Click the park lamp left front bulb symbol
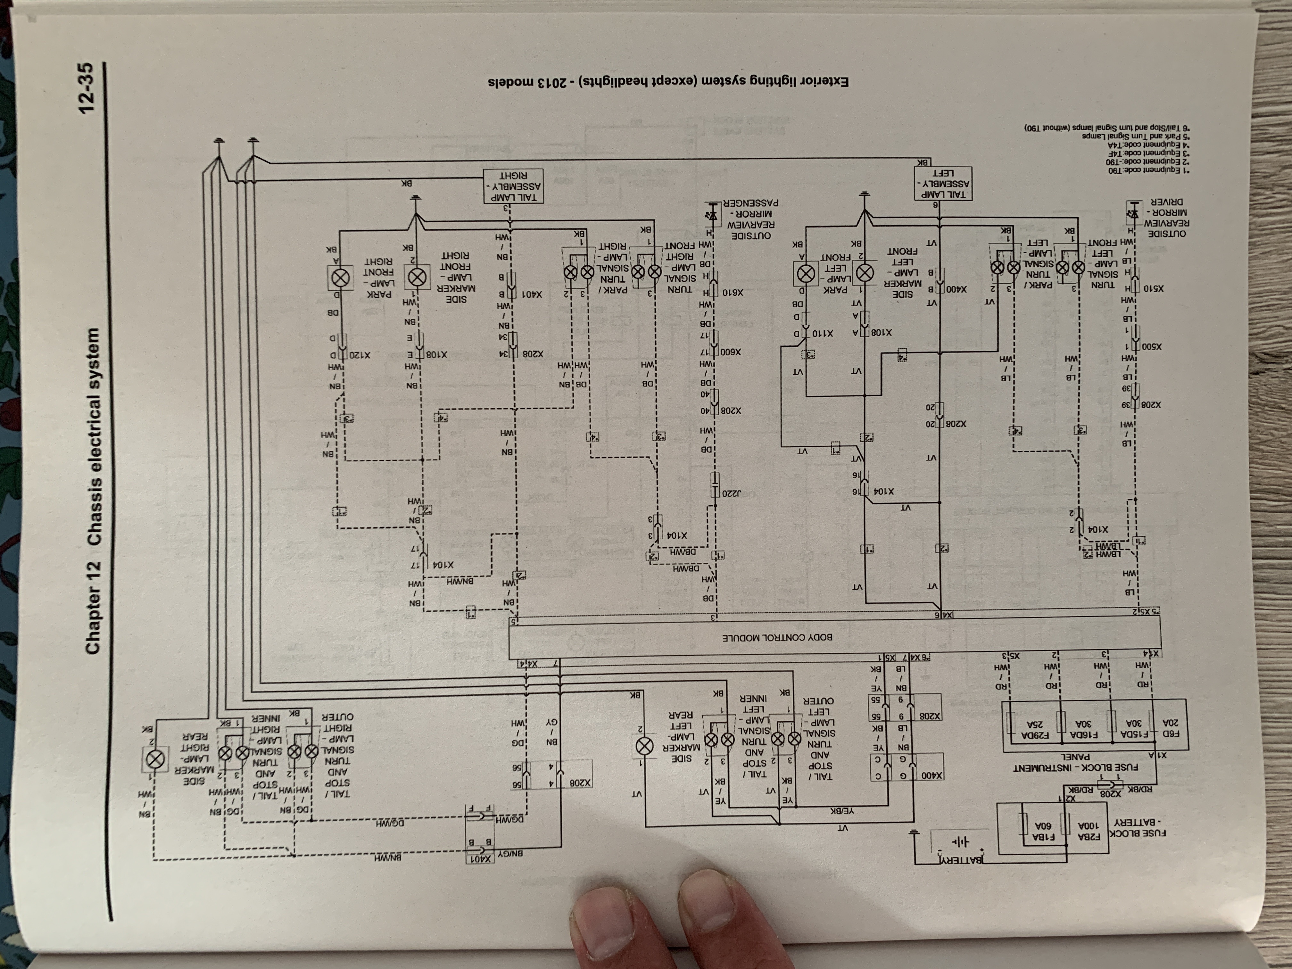coord(806,273)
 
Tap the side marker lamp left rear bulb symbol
coord(644,746)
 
